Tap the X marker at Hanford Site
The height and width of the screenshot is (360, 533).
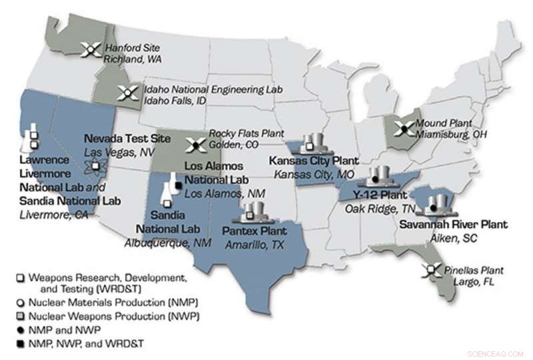[91, 49]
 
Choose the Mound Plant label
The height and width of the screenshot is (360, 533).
[451, 123]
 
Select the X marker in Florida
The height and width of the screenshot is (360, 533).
[434, 270]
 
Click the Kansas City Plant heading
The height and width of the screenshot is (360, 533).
[314, 161]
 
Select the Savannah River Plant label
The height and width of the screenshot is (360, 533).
[453, 225]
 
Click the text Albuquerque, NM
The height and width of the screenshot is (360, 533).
[168, 243]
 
